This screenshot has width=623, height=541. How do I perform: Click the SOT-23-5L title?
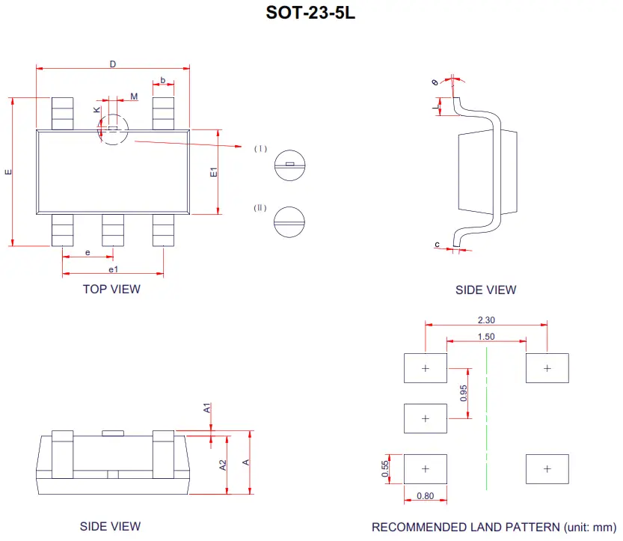pyautogui.click(x=310, y=13)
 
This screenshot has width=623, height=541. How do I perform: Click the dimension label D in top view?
pyautogui.click(x=113, y=64)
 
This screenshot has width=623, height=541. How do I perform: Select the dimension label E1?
pyautogui.click(x=213, y=171)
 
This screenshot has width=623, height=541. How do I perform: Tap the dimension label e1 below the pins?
pyautogui.click(x=112, y=269)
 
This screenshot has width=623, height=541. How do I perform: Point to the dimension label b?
pyautogui.click(x=163, y=80)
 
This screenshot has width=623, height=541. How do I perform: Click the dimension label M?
pyautogui.click(x=134, y=97)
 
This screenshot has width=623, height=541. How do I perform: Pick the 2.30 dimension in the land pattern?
pyautogui.click(x=485, y=320)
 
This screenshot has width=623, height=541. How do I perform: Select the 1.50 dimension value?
pyautogui.click(x=485, y=337)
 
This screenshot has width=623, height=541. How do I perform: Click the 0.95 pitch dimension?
pyautogui.click(x=464, y=393)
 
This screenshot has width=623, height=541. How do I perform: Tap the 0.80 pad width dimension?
pyautogui.click(x=425, y=495)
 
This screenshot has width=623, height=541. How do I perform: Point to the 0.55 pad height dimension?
pyautogui.click(x=385, y=468)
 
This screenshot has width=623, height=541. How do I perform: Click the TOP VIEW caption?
pyautogui.click(x=111, y=289)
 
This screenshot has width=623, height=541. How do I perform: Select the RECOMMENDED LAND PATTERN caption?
pyautogui.click(x=494, y=527)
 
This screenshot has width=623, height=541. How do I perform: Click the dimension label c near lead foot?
pyautogui.click(x=437, y=244)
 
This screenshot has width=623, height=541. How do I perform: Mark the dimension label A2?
pyautogui.click(x=223, y=465)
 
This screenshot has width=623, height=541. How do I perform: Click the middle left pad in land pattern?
pyautogui.click(x=425, y=418)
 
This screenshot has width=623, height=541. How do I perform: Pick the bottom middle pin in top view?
pyautogui.click(x=113, y=230)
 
